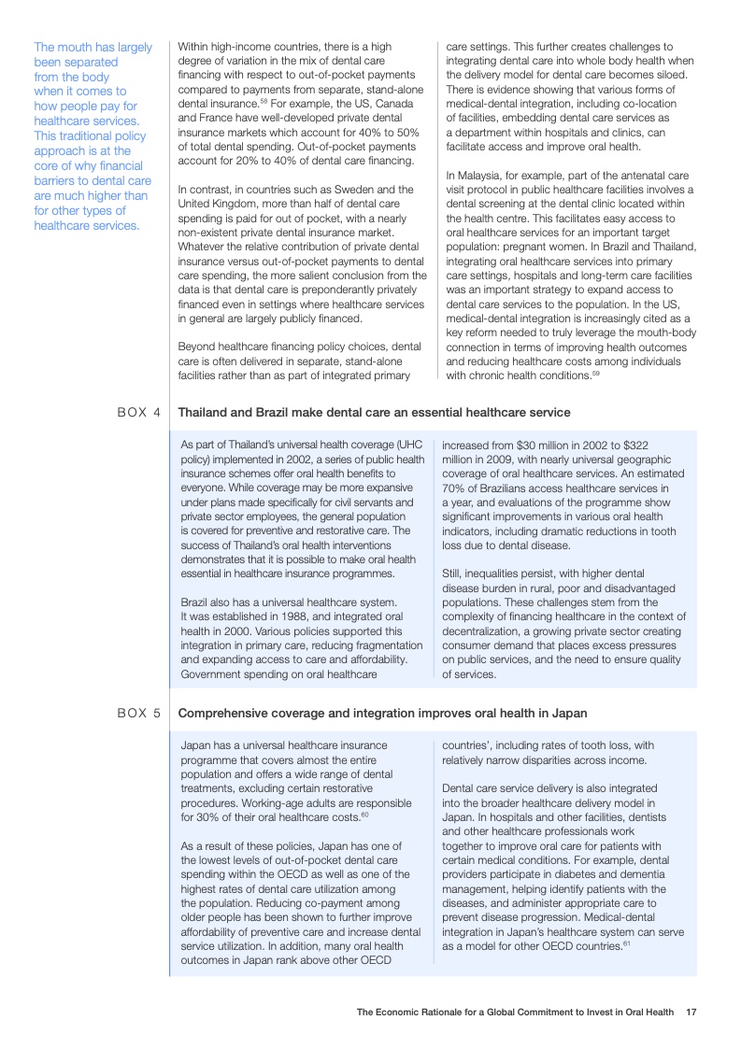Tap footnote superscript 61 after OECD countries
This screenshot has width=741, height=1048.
(x=627, y=942)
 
